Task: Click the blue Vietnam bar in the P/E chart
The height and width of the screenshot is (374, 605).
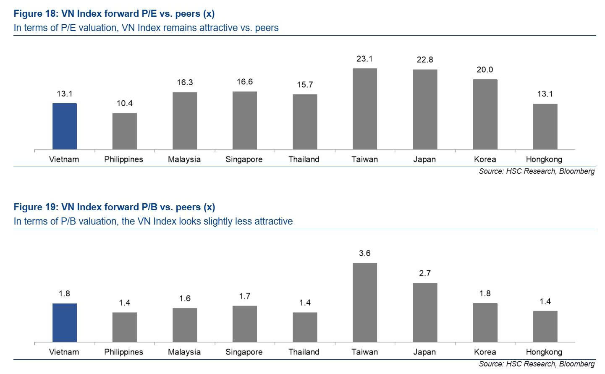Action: coord(65,126)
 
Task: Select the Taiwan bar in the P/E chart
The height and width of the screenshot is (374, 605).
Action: coord(364,109)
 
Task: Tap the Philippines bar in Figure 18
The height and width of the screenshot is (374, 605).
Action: coord(124,131)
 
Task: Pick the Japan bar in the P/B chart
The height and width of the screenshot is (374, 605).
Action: coord(425,312)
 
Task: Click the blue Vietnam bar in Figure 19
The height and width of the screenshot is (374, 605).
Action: coord(65,322)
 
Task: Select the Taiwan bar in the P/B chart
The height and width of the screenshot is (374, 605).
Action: coord(364,302)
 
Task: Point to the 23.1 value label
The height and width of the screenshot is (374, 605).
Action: coord(364,59)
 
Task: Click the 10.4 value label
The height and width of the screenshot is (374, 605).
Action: coord(124,103)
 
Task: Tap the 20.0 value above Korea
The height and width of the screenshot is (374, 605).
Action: coord(485,70)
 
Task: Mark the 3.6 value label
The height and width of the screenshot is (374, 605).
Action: coord(364,253)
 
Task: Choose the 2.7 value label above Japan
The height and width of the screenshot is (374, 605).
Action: coord(425,273)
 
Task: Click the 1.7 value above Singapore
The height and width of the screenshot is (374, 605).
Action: coord(245,296)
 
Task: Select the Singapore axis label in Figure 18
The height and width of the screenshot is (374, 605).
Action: coord(244,160)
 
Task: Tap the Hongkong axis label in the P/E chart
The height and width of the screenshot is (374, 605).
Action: coord(544,160)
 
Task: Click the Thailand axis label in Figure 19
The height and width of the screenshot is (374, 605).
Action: coord(304,352)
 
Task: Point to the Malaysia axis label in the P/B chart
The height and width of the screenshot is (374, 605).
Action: coord(184,352)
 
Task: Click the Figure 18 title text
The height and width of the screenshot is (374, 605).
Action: coord(114,14)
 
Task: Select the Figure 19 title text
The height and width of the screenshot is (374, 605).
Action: coord(114,207)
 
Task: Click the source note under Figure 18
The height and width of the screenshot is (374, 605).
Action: coord(537,171)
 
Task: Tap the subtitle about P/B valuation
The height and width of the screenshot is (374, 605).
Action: coord(153,221)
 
